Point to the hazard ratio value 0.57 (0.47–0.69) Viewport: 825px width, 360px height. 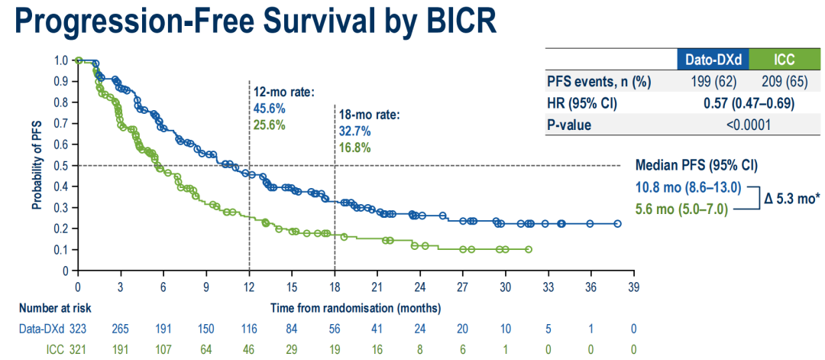coord(746,103)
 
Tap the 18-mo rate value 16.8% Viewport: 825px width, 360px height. coord(354,148)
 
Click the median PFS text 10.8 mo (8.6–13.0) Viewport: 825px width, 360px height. coord(687,186)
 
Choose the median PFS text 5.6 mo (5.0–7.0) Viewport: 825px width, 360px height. coord(682,207)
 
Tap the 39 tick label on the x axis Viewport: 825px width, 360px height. coord(633,288)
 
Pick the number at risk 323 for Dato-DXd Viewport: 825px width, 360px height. coord(79,329)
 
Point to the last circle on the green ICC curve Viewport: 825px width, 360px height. coord(529,249)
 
